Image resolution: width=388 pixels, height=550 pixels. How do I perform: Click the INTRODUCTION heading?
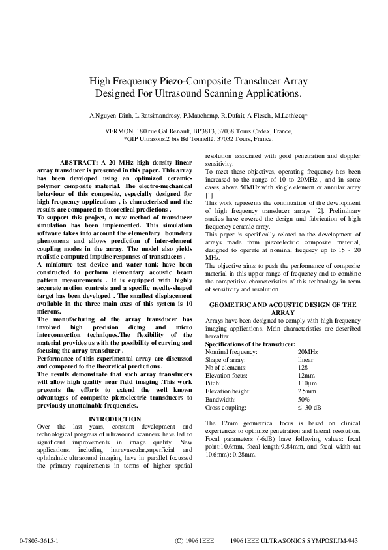[x=114, y=419]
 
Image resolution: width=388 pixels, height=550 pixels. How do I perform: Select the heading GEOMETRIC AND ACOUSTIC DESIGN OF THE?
[x=282, y=304]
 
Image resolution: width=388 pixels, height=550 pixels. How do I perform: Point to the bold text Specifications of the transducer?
[x=250, y=344]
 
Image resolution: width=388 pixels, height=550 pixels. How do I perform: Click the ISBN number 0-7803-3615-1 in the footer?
[x=39, y=542]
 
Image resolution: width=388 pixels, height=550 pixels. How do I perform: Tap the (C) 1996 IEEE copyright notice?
[x=194, y=542]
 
